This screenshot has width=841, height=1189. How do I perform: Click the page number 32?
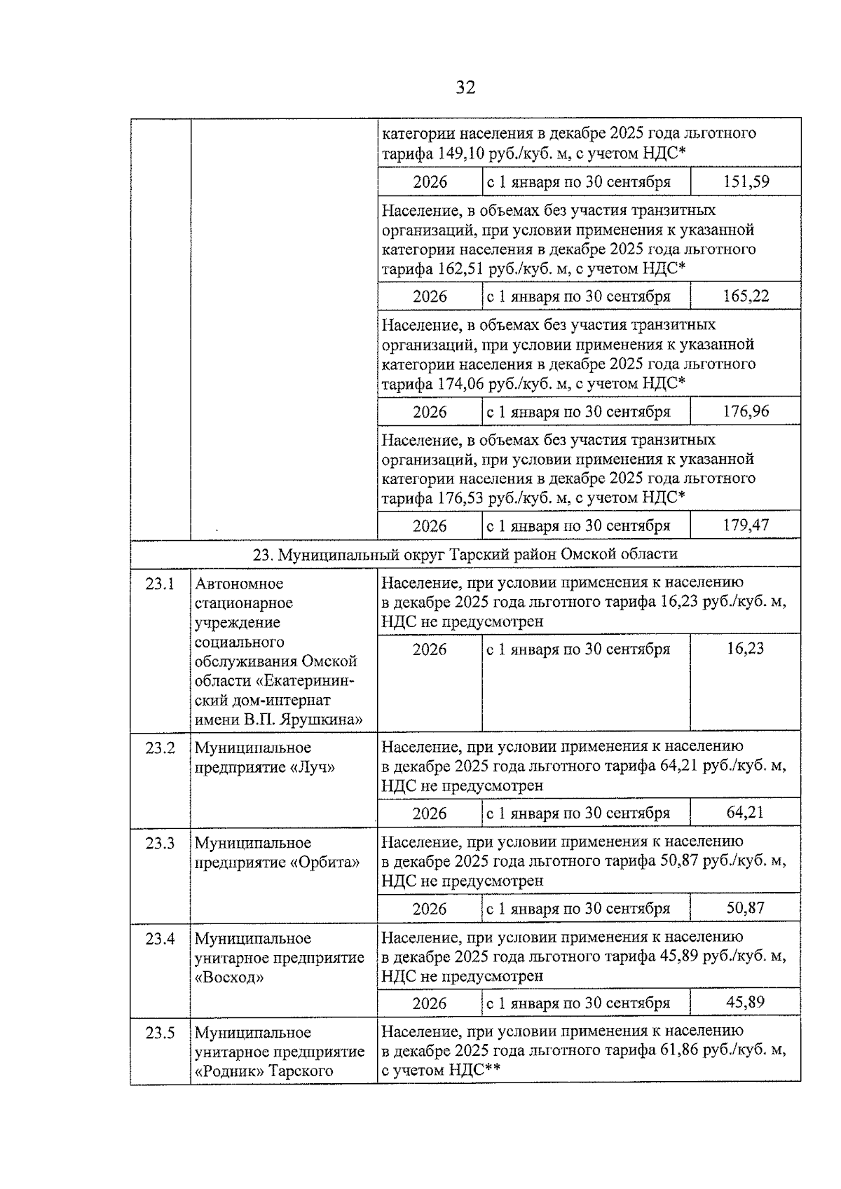[x=465, y=88]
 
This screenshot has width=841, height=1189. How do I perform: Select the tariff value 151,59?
[x=746, y=182]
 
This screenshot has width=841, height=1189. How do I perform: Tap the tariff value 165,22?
[x=746, y=296]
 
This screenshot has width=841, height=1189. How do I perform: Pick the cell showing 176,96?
[x=746, y=411]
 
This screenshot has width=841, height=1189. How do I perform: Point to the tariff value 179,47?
[x=746, y=525]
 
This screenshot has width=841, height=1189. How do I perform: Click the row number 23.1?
[x=160, y=584]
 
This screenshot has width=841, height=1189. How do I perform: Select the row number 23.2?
[x=160, y=748]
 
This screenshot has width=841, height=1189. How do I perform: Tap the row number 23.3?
[x=160, y=843]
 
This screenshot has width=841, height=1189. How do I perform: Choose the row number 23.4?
[x=160, y=938]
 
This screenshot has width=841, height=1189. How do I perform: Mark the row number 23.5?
[x=160, y=1033]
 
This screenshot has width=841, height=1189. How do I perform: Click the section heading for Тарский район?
[x=465, y=554]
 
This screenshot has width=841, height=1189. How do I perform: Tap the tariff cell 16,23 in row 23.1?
[x=746, y=649]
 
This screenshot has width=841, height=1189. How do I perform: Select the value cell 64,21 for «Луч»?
[x=746, y=813]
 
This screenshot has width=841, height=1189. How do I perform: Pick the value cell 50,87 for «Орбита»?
[x=746, y=908]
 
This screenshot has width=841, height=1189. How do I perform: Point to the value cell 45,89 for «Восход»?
[x=746, y=1003]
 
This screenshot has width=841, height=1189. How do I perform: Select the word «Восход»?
[x=229, y=977]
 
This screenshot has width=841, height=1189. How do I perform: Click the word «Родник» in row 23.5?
[x=229, y=1071]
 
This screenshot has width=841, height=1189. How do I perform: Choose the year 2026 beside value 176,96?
[x=430, y=411]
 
